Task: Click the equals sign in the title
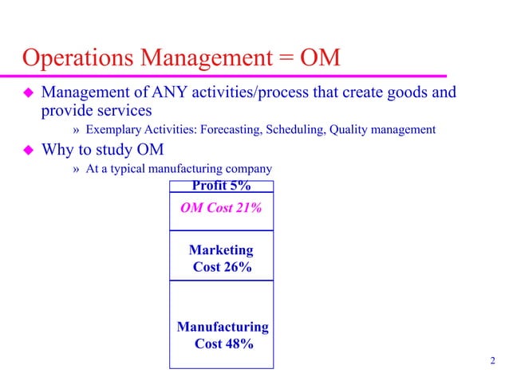coord(285,59)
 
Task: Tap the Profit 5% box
coord(221,186)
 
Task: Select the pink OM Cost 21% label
coord(221,208)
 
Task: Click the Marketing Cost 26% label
coord(222,258)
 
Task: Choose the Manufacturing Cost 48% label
coord(222,336)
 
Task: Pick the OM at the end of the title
coord(321,59)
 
